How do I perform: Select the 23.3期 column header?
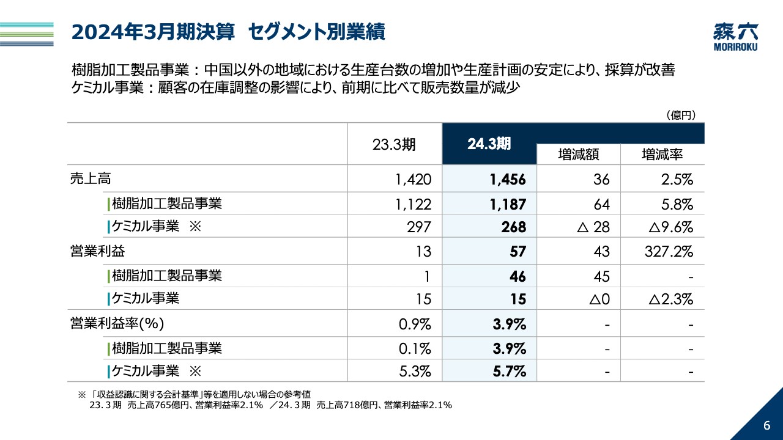[394, 144]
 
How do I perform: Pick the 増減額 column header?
[578, 155]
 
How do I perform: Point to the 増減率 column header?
[662, 155]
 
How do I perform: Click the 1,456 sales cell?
[507, 180]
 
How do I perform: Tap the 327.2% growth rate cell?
[669, 252]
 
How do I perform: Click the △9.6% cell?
[670, 227]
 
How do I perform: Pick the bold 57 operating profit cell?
[517, 252]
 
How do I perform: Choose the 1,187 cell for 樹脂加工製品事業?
[507, 204]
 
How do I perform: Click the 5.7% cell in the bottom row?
[509, 371]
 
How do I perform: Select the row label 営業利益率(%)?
[117, 324]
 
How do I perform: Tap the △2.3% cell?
[670, 299]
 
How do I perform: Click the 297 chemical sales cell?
[419, 227]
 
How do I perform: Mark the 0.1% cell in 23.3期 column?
[415, 349]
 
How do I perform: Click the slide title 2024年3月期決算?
[153, 32]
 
